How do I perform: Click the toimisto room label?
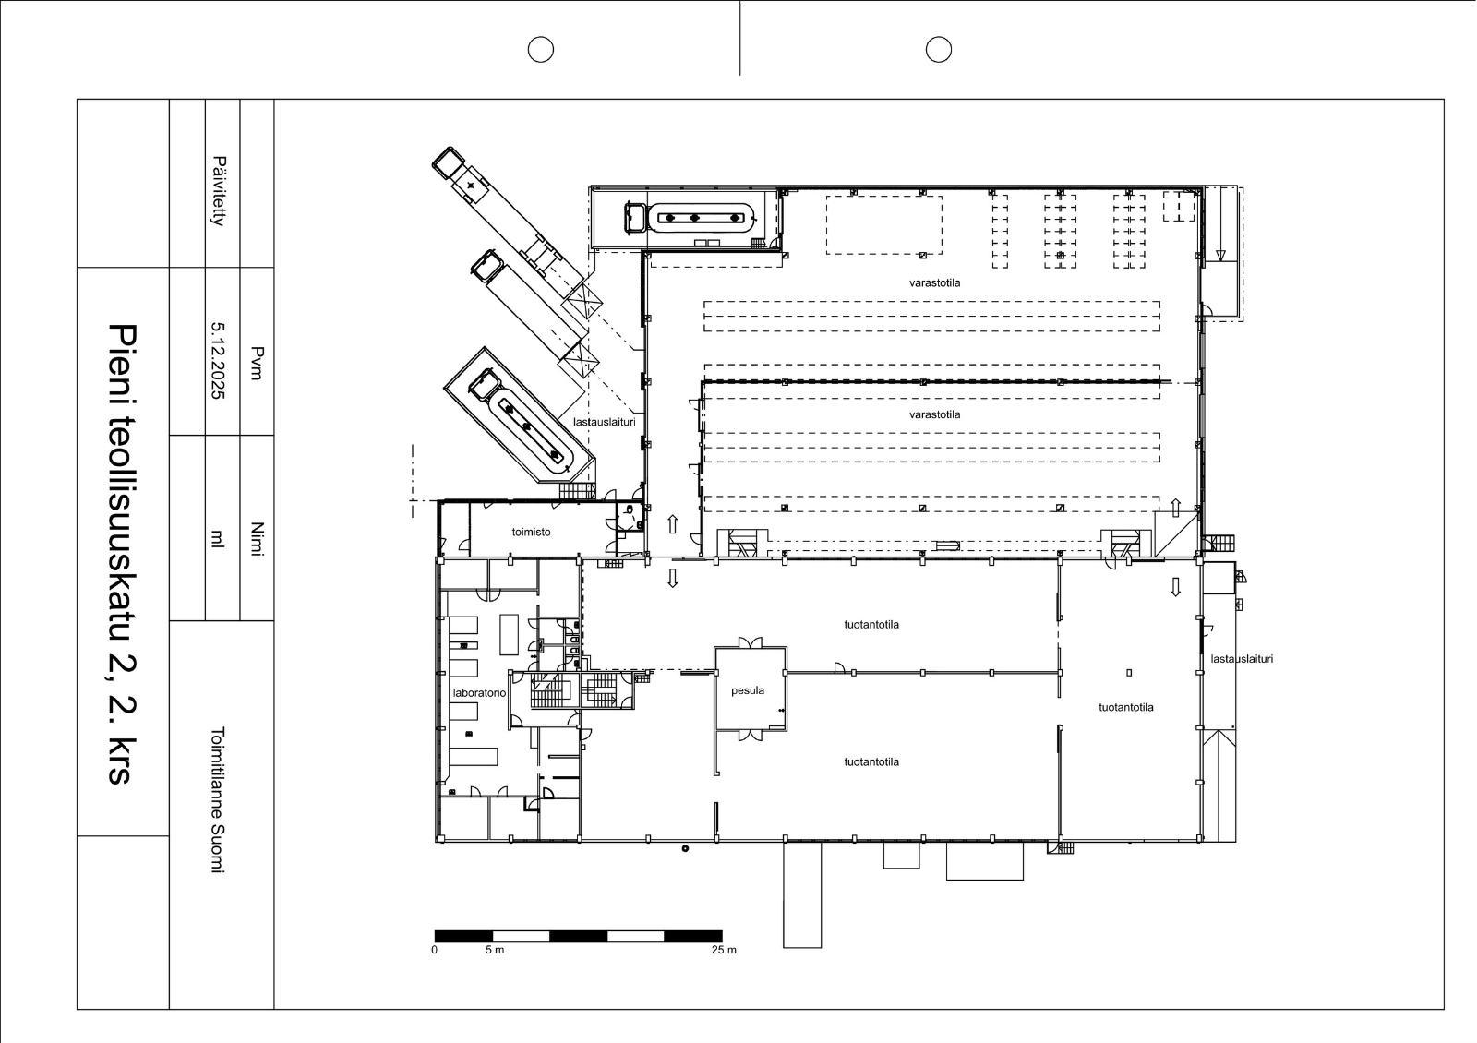tap(531, 532)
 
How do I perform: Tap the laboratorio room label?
tap(479, 693)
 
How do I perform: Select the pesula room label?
tap(748, 690)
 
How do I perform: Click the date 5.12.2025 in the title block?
tap(218, 360)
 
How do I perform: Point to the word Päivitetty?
tap(219, 191)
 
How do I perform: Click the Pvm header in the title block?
tap(258, 364)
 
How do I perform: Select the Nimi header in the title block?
tap(258, 539)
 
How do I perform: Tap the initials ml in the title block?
tap(217, 539)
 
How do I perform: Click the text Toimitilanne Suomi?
tap(218, 800)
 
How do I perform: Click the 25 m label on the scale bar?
tap(724, 950)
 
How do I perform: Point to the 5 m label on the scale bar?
tap(495, 950)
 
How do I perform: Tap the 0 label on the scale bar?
tap(434, 950)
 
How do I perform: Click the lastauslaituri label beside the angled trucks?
tap(604, 422)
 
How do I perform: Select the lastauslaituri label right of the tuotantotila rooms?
tap(1242, 659)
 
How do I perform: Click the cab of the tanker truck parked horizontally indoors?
tap(636, 218)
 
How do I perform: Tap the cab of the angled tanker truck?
tap(486, 384)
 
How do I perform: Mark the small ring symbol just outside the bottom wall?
tap(685, 848)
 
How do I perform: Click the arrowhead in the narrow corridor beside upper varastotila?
tap(1220, 255)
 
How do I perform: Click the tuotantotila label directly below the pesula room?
tap(871, 761)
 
